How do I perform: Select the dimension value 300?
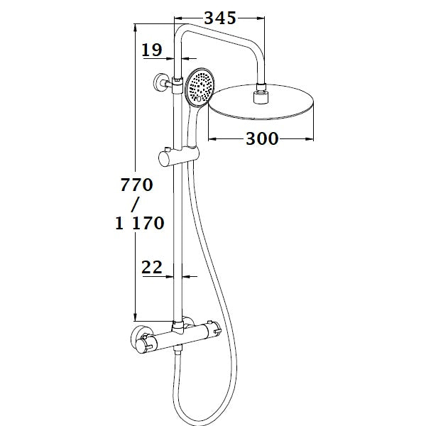(x=261, y=139)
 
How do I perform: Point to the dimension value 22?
(x=152, y=267)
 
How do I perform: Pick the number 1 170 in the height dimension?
(x=139, y=224)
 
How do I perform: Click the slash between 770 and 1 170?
(x=139, y=204)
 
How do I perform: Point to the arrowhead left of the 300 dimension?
(x=211, y=139)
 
